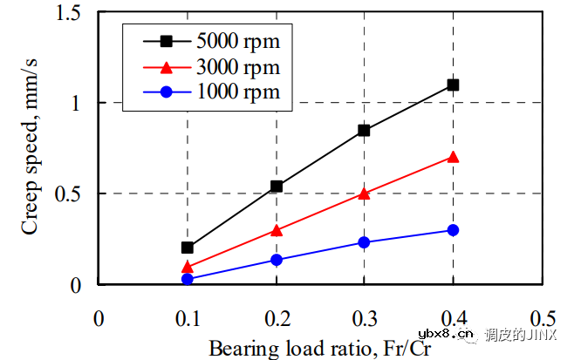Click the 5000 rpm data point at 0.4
pyautogui.click(x=453, y=85)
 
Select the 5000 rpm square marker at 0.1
pyautogui.click(x=188, y=248)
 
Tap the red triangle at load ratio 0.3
pyautogui.click(x=364, y=194)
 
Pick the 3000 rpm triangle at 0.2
pyautogui.click(x=277, y=230)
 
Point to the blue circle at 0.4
pyautogui.click(x=453, y=230)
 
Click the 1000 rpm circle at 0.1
pyautogui.click(x=188, y=279)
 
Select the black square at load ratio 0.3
pyautogui.click(x=364, y=130)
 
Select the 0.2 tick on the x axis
pyautogui.click(x=277, y=318)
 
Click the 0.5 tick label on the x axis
pyautogui.click(x=542, y=318)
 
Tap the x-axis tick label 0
pyautogui.click(x=99, y=318)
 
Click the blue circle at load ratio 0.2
pyautogui.click(x=277, y=260)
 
